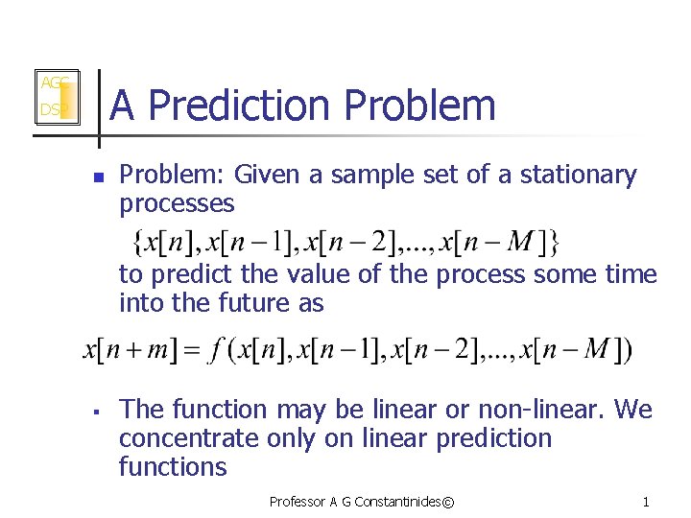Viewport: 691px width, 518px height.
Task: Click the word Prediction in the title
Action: [243, 106]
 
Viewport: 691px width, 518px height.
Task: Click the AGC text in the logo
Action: [52, 83]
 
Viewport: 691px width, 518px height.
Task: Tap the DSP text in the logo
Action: [50, 110]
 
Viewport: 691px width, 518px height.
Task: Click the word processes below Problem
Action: [177, 203]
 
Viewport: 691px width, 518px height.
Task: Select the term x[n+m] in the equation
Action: [125, 351]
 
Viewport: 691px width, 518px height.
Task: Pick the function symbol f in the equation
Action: [218, 351]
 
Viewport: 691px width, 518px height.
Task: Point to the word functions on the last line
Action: [173, 467]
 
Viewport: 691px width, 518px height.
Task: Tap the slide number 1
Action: [646, 502]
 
